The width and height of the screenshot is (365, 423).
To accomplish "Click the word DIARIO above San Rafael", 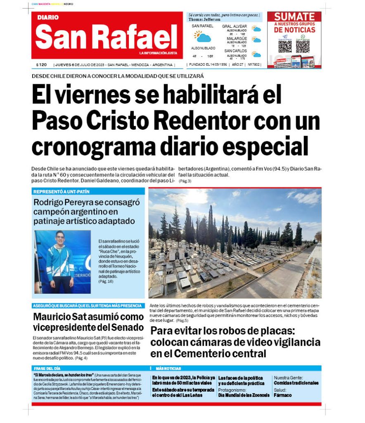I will click(48, 18).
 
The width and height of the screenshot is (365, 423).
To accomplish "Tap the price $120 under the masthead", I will click(41, 65).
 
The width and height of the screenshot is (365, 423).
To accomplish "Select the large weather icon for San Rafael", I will click(203, 37).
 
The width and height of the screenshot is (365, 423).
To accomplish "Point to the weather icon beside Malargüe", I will click(257, 40).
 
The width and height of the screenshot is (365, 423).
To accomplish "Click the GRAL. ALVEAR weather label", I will click(235, 26).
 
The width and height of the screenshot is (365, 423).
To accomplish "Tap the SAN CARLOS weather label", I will click(235, 51).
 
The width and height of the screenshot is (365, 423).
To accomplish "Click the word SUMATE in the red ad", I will click(294, 17).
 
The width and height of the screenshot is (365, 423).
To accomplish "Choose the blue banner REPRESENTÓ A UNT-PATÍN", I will click(62, 192).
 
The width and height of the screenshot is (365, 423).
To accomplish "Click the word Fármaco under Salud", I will click(283, 395).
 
